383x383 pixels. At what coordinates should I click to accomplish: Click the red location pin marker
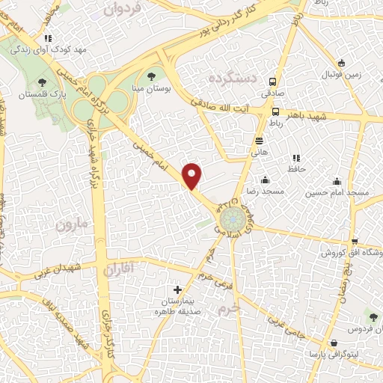[193, 176]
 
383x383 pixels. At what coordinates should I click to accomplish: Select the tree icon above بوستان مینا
[152, 76]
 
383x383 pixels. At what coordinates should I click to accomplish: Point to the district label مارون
[72, 224]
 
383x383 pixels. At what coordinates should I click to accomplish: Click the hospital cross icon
[177, 289]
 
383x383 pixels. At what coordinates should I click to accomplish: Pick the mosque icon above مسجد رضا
[265, 180]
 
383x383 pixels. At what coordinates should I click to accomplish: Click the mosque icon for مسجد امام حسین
[337, 180]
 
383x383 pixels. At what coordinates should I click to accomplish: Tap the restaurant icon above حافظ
[297, 158]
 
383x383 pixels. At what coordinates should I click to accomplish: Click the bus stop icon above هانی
[259, 140]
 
